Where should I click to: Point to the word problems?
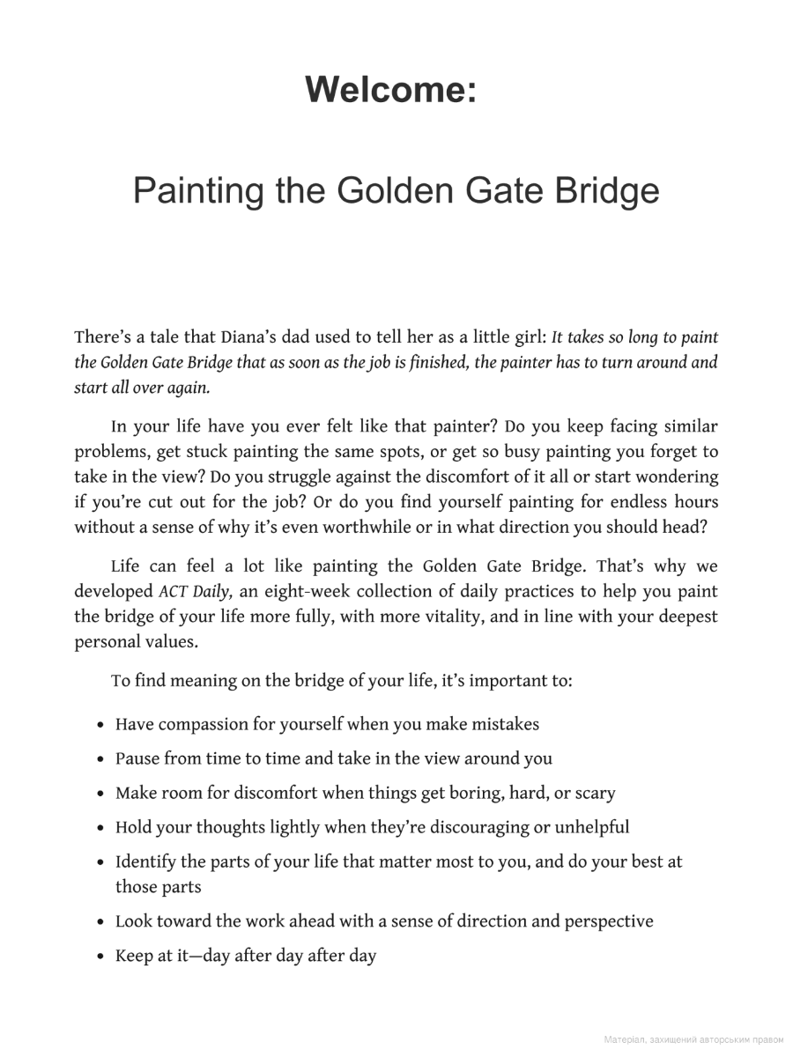click(110, 453)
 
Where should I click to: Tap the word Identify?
click(148, 861)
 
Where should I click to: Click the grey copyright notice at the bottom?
click(693, 1040)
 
